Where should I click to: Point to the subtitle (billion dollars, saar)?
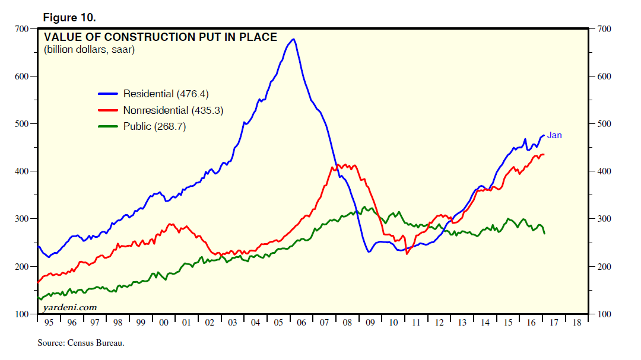pos(89,50)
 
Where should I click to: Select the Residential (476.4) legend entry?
pos(166,94)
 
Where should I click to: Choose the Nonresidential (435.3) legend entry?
pos(173,110)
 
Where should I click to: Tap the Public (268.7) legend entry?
pos(155,126)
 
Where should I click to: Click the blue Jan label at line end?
pos(554,135)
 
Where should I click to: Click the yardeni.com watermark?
pos(69,307)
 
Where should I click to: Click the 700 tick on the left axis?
pos(21,29)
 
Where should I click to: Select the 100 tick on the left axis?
pos(21,314)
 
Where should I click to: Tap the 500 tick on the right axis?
pos(601,124)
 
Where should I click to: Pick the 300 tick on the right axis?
pos(601,219)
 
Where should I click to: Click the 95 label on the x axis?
pos(49,323)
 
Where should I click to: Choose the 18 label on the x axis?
pos(577,323)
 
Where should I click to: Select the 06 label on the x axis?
pos(301,323)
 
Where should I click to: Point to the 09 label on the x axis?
pos(370,323)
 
